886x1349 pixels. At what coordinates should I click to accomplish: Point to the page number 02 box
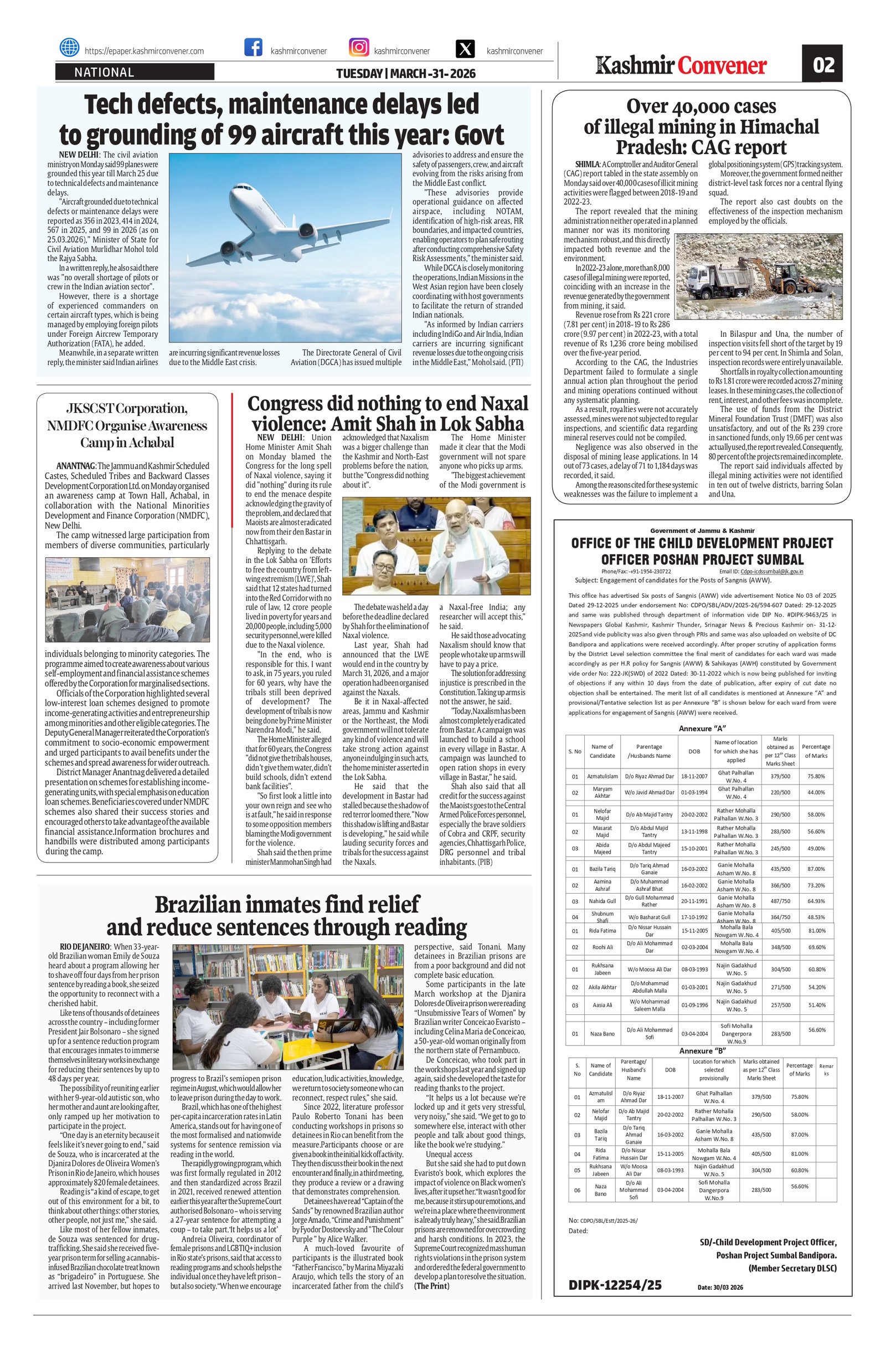[821, 65]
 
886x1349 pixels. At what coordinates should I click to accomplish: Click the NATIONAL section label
[104, 72]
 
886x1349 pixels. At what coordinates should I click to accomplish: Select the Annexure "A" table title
[702, 729]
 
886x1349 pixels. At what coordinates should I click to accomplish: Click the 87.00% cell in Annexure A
[816, 869]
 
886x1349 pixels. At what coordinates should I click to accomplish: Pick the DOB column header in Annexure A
[693, 752]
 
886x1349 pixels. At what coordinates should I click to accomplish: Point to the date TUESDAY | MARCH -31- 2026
[405, 74]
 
